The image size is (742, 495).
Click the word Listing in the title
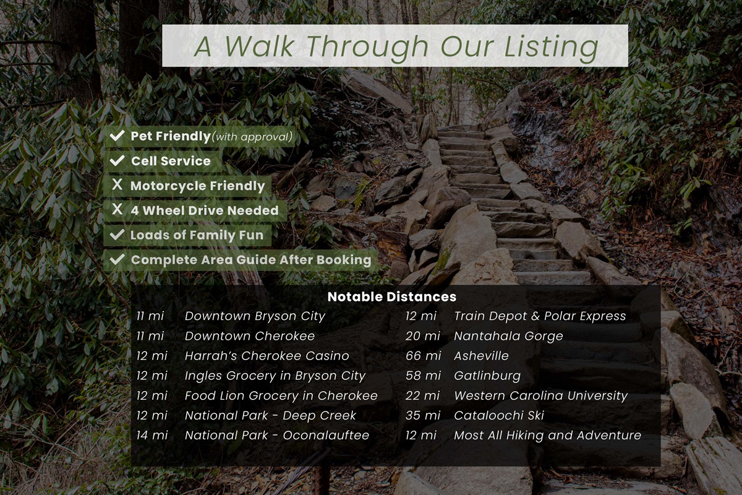(551, 46)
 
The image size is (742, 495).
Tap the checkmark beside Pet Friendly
(117, 136)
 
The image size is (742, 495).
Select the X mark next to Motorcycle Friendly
(117, 184)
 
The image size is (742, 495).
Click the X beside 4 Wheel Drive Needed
(117, 209)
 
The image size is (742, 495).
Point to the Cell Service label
(171, 161)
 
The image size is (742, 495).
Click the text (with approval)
(252, 137)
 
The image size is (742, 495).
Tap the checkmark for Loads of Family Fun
(117, 235)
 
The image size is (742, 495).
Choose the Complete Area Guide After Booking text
(251, 260)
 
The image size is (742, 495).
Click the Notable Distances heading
(392, 297)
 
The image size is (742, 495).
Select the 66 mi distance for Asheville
(424, 356)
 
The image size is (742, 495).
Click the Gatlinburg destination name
(487, 376)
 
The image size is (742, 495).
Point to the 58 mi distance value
(424, 376)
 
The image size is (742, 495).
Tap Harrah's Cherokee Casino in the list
(267, 356)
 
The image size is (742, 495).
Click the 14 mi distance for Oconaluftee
(152, 436)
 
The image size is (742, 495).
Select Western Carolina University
(541, 396)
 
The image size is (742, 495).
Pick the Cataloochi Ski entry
(499, 415)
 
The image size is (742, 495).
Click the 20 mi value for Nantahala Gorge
(423, 336)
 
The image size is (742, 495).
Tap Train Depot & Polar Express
(540, 316)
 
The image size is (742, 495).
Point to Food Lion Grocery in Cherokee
(281, 395)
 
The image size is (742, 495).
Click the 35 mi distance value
(424, 415)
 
